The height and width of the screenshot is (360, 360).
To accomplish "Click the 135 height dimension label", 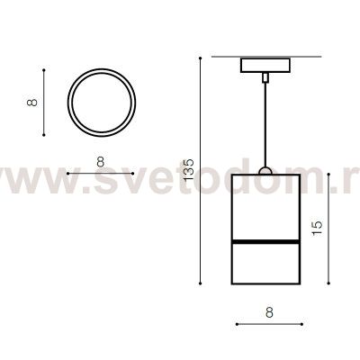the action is click(189, 170).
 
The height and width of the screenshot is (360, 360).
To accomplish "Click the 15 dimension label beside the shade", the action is click(317, 228).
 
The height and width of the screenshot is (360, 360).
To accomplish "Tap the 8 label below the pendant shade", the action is click(269, 312).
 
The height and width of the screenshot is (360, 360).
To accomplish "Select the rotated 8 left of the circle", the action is click(31, 103).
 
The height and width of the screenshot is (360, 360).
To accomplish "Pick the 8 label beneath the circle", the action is click(101, 162).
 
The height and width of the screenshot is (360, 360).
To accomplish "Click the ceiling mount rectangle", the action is click(265, 65).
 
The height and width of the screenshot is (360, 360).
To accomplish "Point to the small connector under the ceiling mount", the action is click(265, 77).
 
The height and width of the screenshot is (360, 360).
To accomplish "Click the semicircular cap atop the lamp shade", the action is click(265, 171).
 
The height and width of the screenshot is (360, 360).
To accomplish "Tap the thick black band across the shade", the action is click(265, 241).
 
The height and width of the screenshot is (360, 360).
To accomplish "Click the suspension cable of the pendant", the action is click(265, 124).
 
